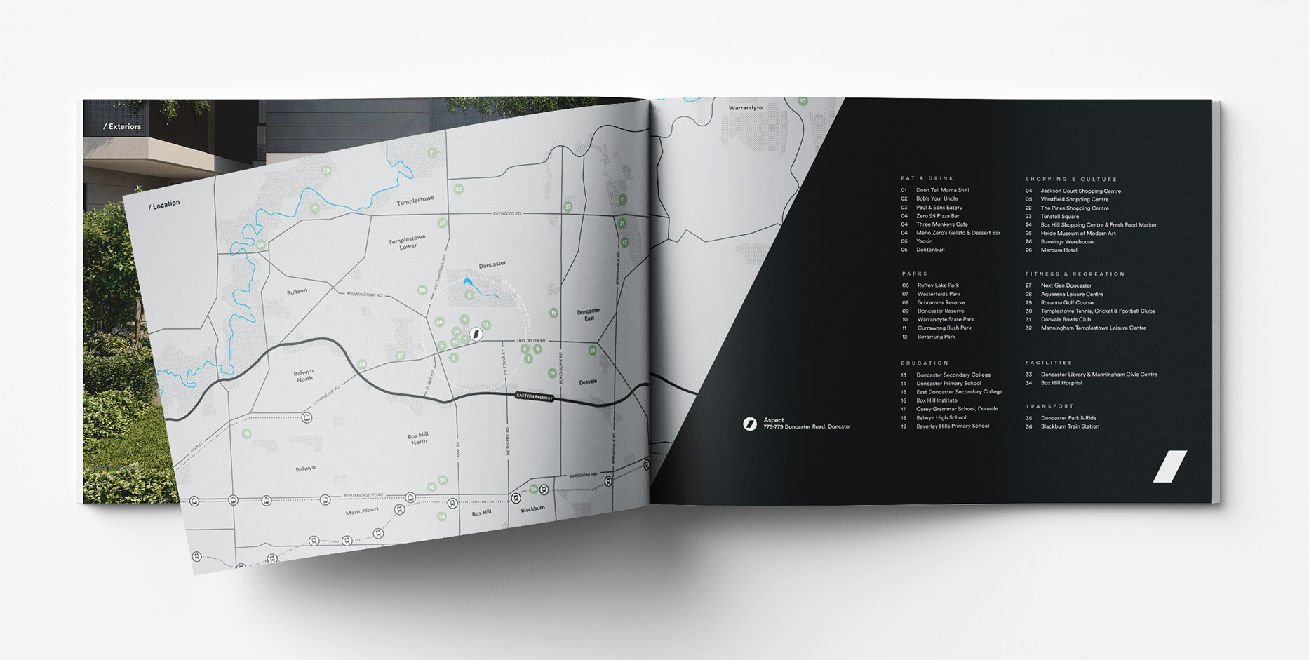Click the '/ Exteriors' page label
[122, 127]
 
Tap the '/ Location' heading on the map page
[164, 205]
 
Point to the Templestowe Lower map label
[407, 242]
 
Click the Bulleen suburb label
[297, 291]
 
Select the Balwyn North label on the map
[304, 375]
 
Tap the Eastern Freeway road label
[535, 396]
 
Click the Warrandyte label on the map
[745, 108]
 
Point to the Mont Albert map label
[362, 511]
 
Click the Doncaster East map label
[589, 314]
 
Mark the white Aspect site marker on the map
[476, 334]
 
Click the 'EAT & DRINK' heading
[927, 179]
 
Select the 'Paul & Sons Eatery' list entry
[939, 208]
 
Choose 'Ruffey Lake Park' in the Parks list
[938, 285]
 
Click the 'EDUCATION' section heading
[925, 363]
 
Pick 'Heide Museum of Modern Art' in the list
[1078, 234]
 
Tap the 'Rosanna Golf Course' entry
[1066, 302]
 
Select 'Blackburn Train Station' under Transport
[1069, 426]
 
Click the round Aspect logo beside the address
[750, 424]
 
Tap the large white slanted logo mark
[1170, 466]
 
